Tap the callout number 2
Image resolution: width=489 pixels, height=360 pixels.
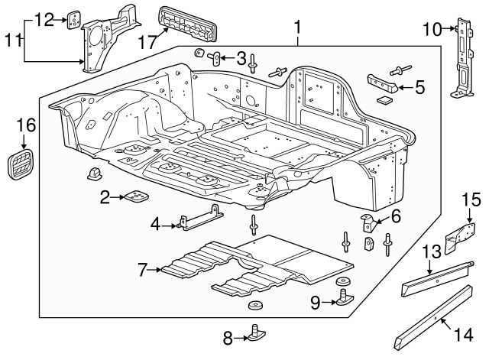105,197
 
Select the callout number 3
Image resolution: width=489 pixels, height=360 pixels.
241,58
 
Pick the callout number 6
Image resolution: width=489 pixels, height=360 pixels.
395,217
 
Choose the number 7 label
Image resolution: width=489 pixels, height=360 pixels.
142,269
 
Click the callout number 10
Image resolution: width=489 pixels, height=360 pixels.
432,30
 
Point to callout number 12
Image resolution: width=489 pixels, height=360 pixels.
45,19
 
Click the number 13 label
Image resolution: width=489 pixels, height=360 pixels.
432,251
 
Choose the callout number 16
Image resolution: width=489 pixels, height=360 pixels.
25,125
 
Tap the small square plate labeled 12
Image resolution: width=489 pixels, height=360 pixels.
73,18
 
